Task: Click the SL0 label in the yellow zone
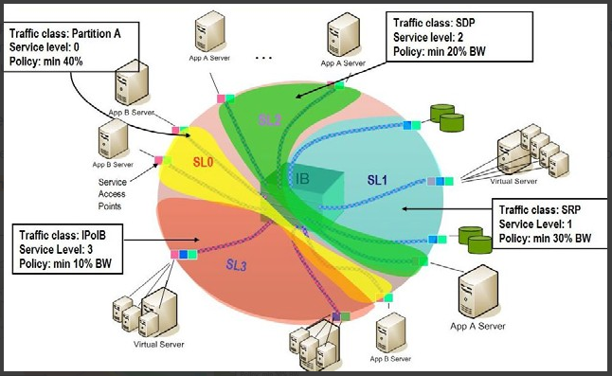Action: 205,163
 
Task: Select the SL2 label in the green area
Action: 269,120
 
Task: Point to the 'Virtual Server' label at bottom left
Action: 157,345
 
